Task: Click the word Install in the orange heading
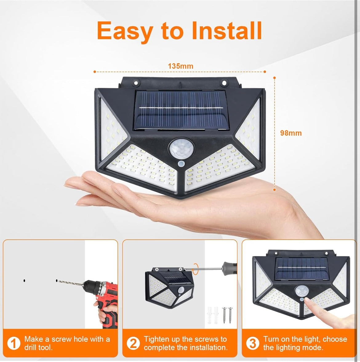227,31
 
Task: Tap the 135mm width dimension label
181,66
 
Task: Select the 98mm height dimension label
291,133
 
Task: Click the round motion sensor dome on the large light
181,149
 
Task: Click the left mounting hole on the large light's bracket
136,82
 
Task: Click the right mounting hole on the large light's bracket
224,82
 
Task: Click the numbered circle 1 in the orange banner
14,343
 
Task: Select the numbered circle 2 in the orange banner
133,343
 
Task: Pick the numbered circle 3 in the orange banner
253,343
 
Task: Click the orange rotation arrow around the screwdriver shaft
196,269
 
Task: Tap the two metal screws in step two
227,315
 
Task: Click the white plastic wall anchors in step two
213,315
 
